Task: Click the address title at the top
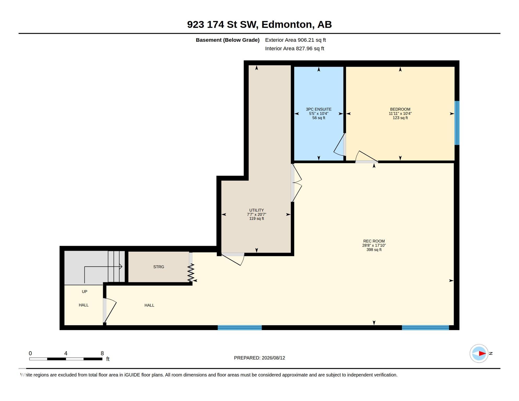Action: [259, 25]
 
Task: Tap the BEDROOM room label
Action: [400, 109]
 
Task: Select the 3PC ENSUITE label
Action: [319, 109]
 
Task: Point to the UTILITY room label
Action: [256, 210]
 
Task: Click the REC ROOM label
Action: [374, 241]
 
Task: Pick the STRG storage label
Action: [158, 267]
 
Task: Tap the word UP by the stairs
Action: [84, 292]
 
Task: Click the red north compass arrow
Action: [482, 353]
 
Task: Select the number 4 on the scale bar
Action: [66, 353]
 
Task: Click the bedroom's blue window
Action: [457, 123]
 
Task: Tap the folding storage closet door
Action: [191, 272]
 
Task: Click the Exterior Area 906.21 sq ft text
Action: [295, 40]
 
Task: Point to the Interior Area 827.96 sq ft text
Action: [294, 48]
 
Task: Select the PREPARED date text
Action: [259, 358]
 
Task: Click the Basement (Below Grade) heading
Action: [228, 40]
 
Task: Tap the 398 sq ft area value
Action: [374, 250]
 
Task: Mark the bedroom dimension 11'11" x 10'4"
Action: [400, 113]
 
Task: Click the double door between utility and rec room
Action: [296, 183]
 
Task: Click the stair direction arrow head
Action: [121, 267]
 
